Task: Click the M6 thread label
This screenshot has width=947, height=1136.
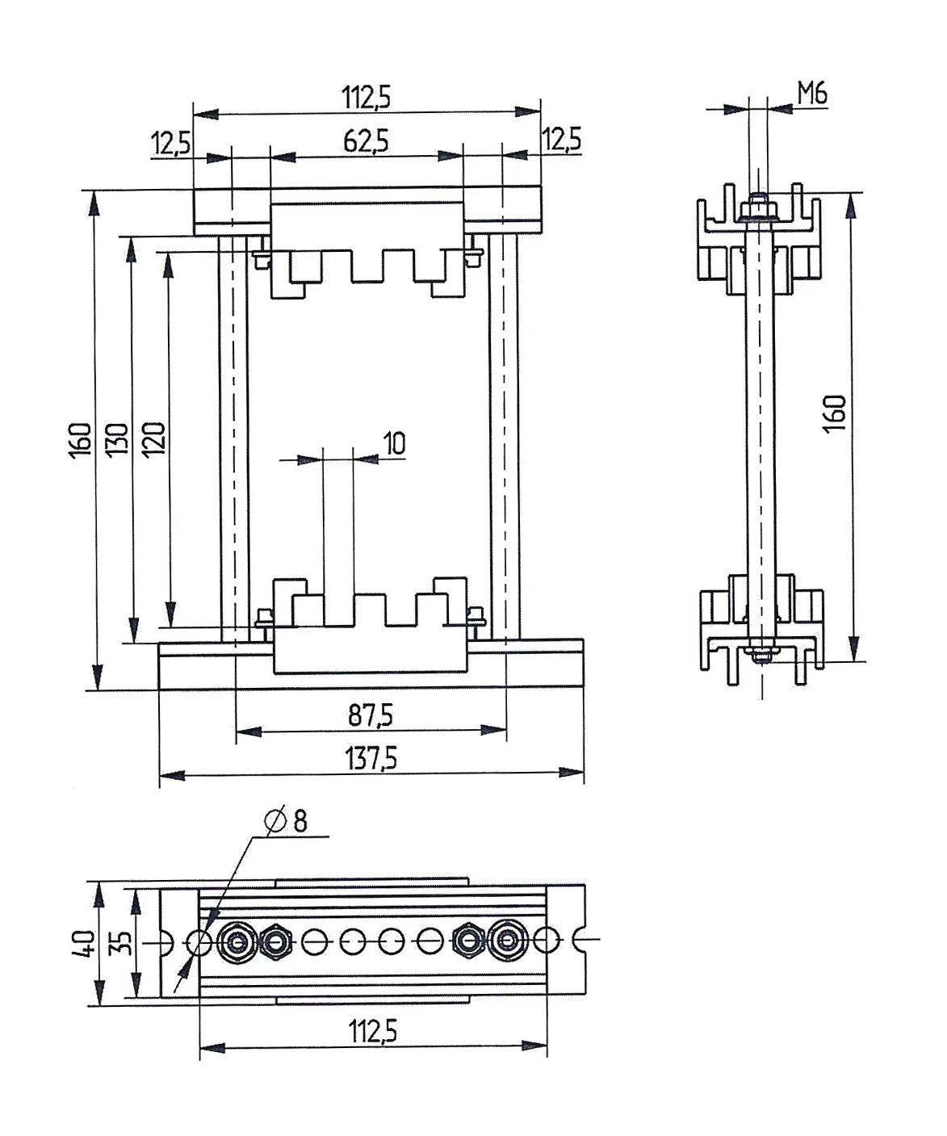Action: coord(812,94)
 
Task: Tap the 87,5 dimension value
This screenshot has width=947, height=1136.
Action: coord(371,715)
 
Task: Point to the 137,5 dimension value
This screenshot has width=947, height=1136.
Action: coord(371,758)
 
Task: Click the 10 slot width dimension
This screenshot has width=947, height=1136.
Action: coord(394,443)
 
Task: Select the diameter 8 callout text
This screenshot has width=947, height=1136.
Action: coord(287,821)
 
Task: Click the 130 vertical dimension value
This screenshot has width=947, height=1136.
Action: coord(118,438)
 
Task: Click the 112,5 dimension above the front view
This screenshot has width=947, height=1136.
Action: coord(366,98)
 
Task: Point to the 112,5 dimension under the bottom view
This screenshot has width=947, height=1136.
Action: coord(372,1031)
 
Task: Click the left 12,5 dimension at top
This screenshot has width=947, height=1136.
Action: coord(170,145)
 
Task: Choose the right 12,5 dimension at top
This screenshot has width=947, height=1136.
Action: coord(561,140)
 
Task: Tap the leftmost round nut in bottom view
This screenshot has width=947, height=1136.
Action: coord(237,941)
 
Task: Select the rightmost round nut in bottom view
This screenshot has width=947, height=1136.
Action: coord(506,940)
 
